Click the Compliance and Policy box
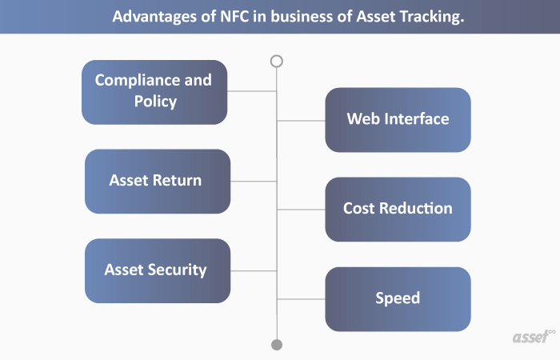(154, 92)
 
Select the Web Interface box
(398, 120)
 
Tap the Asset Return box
(157, 181)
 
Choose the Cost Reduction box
(398, 209)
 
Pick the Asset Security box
(157, 270)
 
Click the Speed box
(398, 298)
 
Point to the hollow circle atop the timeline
(277, 61)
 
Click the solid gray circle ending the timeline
(277, 345)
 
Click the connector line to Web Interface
(301, 121)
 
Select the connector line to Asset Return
(254, 181)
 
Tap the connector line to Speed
(301, 299)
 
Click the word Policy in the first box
(155, 102)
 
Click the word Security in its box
(177, 270)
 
